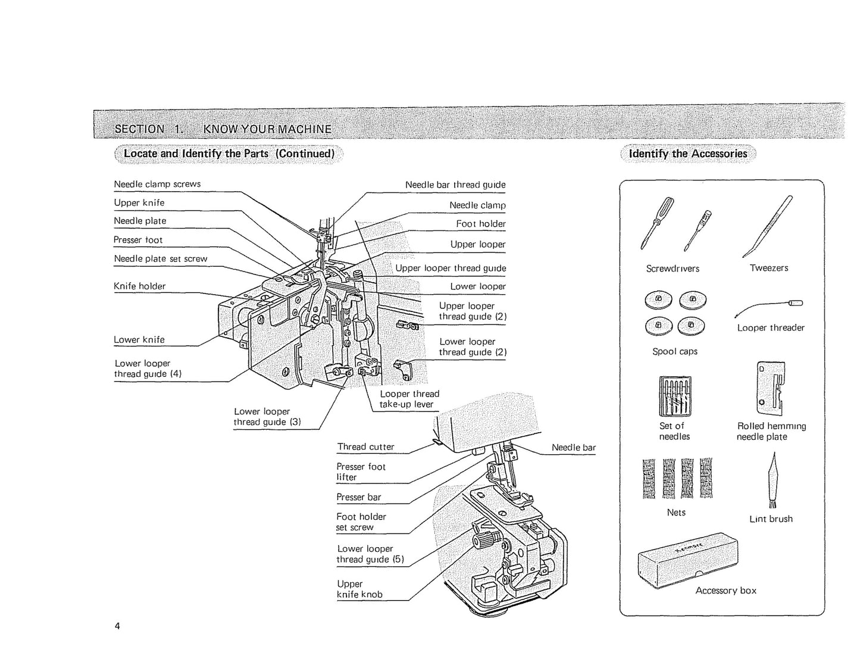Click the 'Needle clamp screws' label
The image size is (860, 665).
tap(157, 184)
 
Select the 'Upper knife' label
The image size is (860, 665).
tap(139, 202)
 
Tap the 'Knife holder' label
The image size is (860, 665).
tap(139, 286)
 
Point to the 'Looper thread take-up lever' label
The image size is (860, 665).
tap(409, 399)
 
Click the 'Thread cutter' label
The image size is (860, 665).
tap(365, 447)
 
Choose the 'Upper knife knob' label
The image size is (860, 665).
tap(359, 589)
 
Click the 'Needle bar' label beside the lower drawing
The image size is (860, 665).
tap(573, 447)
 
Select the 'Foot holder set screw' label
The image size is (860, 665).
tap(361, 522)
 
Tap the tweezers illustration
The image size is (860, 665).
tap(768, 226)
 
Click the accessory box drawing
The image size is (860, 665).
tap(687, 557)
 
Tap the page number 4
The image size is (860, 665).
tap(117, 626)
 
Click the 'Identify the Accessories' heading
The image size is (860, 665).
tap(687, 154)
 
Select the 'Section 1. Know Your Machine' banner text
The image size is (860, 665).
tap(223, 129)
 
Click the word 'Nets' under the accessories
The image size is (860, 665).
tap(676, 512)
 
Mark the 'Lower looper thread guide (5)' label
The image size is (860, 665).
tap(370, 554)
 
